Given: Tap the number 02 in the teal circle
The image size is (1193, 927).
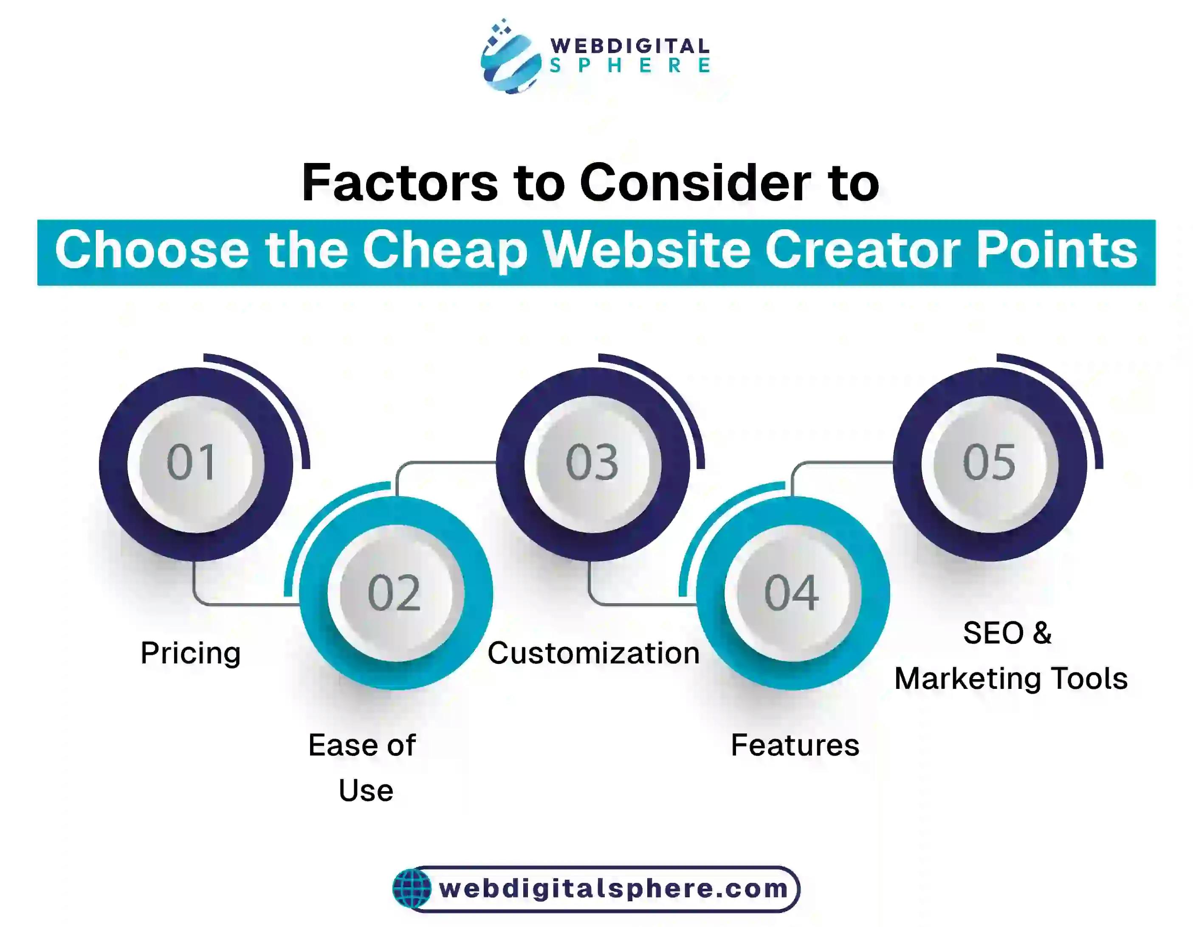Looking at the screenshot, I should [395, 593].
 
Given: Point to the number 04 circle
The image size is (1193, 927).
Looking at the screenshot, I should [792, 593].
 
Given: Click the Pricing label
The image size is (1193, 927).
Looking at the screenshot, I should [191, 653].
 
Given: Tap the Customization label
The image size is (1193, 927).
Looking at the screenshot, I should [594, 653].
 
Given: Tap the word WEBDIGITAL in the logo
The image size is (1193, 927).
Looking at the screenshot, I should [630, 46].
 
